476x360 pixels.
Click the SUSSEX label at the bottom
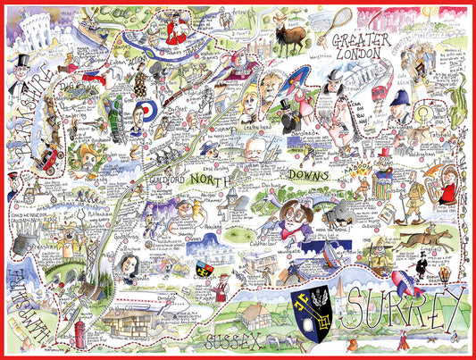point(234,341)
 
